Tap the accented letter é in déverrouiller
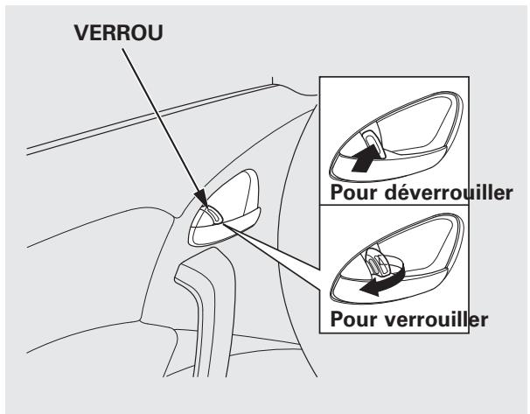(x=405, y=193)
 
